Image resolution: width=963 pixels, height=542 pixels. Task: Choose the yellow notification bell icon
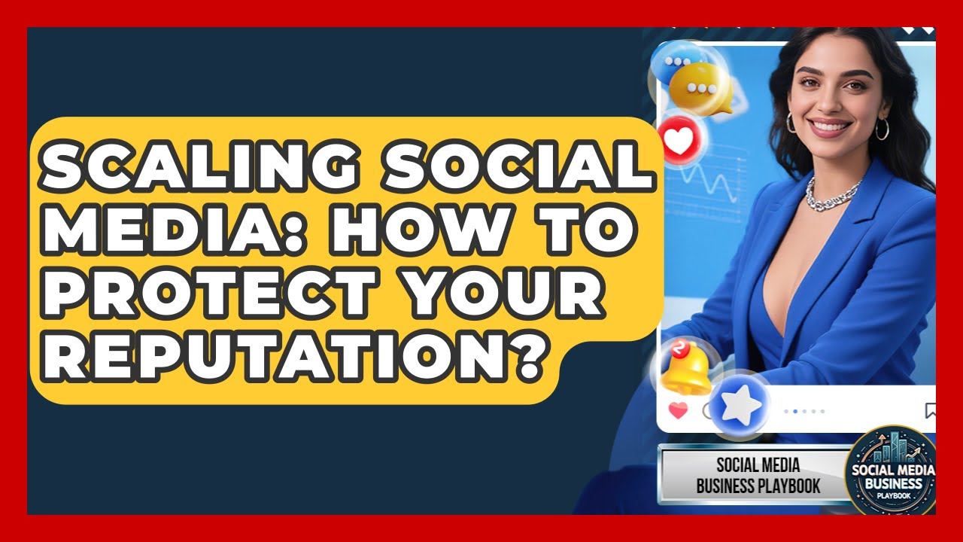(x=686, y=368)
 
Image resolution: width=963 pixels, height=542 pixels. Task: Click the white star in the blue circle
(x=739, y=405)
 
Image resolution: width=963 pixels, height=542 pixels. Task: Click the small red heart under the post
(x=678, y=411)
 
